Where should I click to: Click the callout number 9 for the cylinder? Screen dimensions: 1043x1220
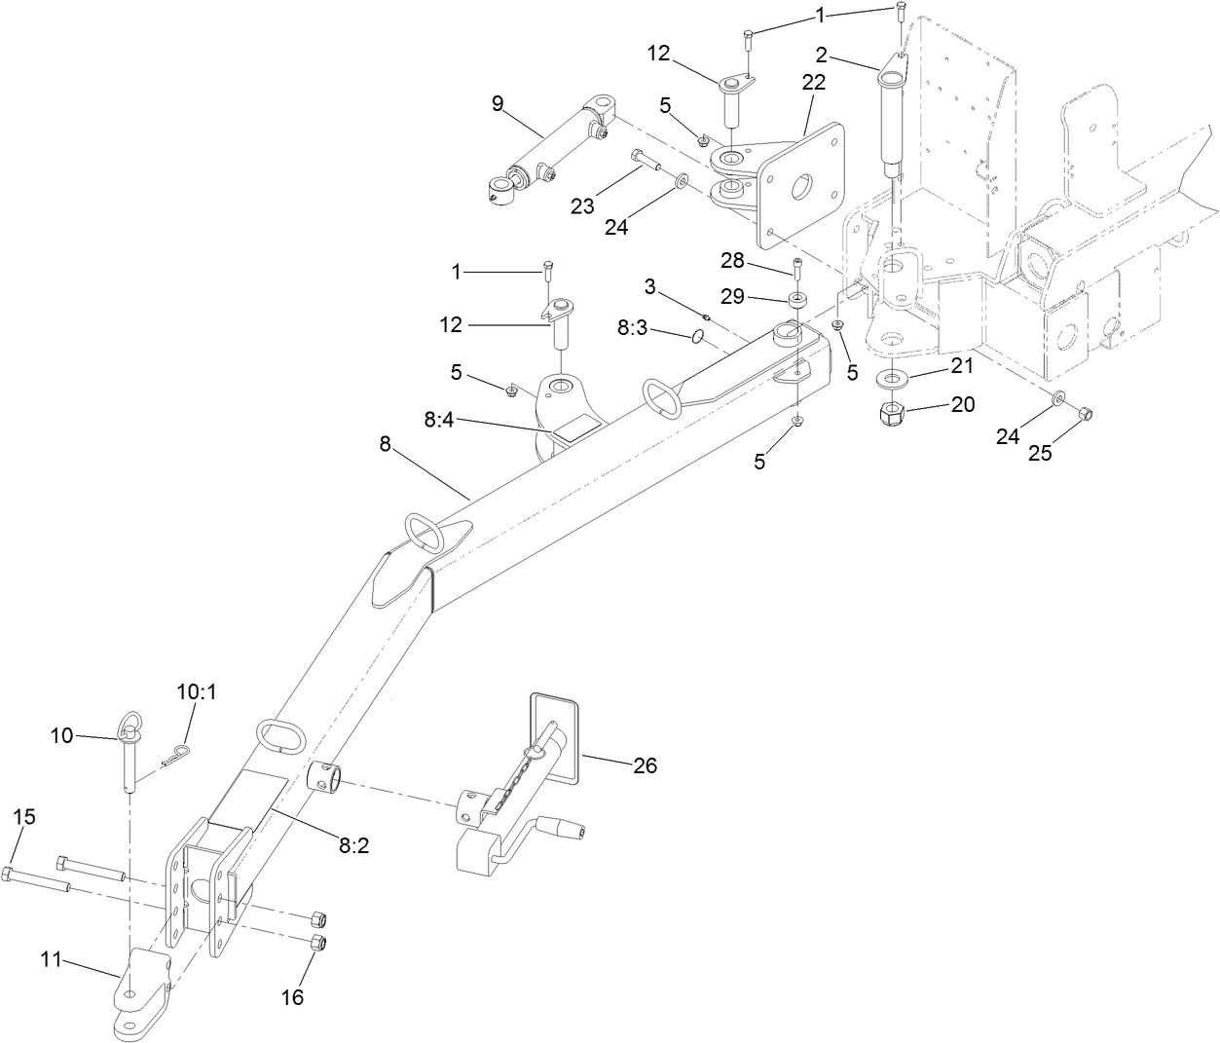click(498, 104)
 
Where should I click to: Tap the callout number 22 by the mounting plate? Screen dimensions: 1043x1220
click(813, 83)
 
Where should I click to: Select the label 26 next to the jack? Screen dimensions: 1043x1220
click(645, 766)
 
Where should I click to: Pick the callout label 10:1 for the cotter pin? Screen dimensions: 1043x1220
click(197, 692)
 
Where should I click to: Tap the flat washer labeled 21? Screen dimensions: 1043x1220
click(893, 377)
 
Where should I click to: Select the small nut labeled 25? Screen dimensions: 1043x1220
click(1088, 415)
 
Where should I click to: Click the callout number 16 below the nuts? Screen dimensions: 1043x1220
click(292, 997)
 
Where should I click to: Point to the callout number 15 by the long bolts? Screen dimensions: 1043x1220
click(24, 816)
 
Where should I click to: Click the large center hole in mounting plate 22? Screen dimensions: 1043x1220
click(804, 188)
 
